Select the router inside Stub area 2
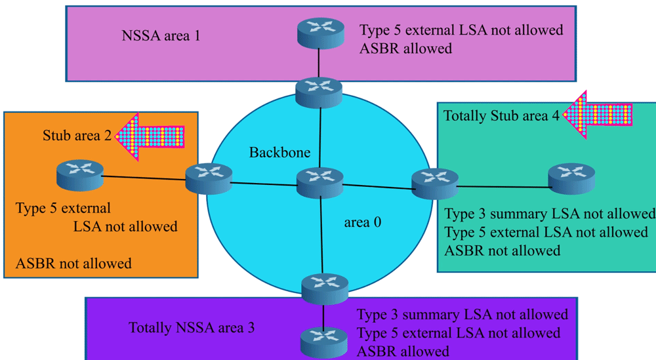[80, 175]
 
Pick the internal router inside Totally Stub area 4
[571, 178]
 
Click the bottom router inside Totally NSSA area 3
[324, 343]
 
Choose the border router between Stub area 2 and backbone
[209, 178]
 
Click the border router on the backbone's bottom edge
[325, 289]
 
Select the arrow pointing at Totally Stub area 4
[598, 115]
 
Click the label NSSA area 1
[161, 36]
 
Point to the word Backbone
[280, 152]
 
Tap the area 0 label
[363, 222]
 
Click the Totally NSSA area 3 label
[191, 327]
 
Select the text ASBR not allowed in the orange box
[73, 264]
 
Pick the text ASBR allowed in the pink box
[406, 49]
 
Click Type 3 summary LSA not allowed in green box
[550, 214]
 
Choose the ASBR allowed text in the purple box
[403, 351]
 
